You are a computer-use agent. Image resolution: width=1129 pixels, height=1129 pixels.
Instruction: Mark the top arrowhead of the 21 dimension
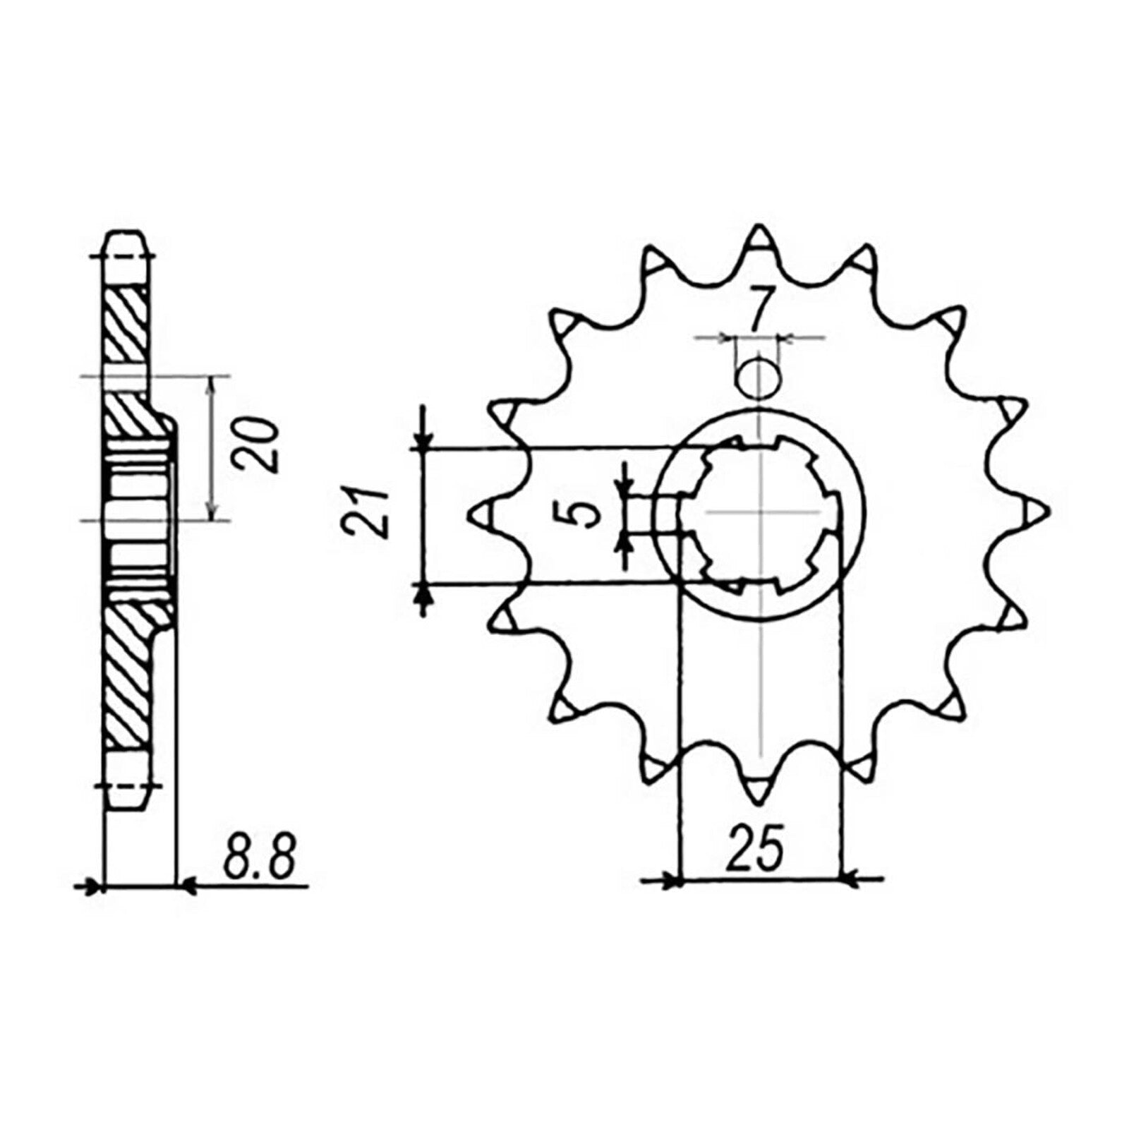[x=423, y=442]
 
